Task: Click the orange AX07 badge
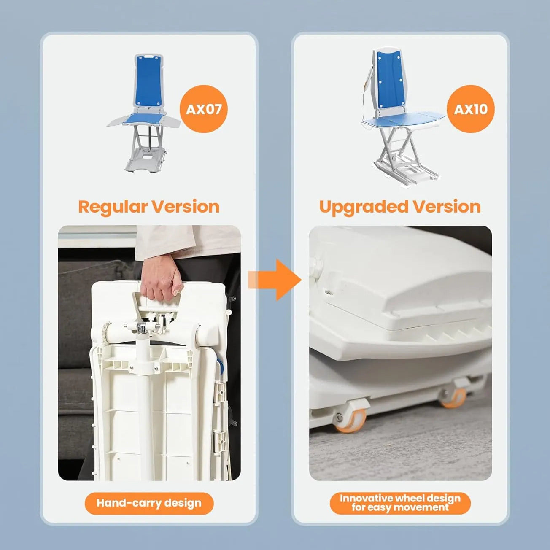[x=204, y=109]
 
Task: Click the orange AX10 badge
[x=470, y=109]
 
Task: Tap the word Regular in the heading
[x=113, y=207]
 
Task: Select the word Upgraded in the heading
[x=364, y=207]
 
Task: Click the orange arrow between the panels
[x=276, y=280]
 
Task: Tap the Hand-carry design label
[x=149, y=503]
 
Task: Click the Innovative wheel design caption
[x=400, y=503]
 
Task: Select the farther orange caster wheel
[x=453, y=396]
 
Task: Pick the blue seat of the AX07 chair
[x=143, y=119]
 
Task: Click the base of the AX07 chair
[x=145, y=160]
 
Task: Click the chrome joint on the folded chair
[x=143, y=327]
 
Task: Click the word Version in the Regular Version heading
[x=186, y=207]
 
